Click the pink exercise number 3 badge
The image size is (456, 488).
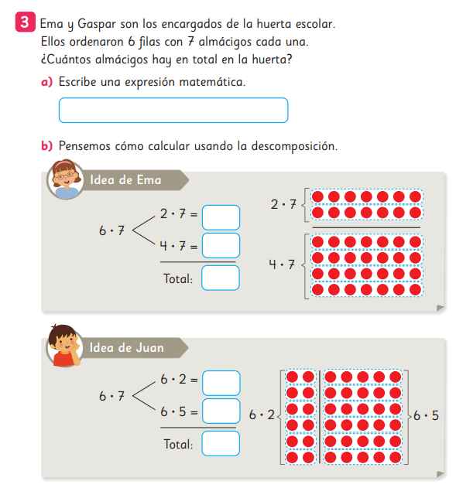point(25,22)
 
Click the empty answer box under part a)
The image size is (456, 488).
point(173,110)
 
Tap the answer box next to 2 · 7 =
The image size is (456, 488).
point(221,217)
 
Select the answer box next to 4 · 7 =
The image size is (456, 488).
point(221,246)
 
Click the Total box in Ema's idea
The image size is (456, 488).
point(221,278)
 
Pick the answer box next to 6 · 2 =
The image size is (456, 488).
point(221,383)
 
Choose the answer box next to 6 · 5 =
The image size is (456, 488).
point(221,411)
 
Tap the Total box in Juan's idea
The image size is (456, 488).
point(221,443)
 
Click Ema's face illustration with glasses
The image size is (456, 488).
point(65,179)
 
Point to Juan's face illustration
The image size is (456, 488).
point(65,346)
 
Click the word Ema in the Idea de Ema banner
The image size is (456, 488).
point(149,180)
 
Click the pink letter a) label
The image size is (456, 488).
point(46,82)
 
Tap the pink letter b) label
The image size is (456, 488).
point(46,145)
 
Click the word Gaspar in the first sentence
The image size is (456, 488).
point(97,24)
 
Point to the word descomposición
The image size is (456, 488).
point(294,146)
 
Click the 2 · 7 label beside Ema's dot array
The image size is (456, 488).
point(283,204)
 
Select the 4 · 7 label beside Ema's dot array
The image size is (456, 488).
point(282,264)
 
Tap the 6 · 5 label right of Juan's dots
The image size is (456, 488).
point(426,415)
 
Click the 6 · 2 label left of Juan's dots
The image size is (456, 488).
point(262,415)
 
